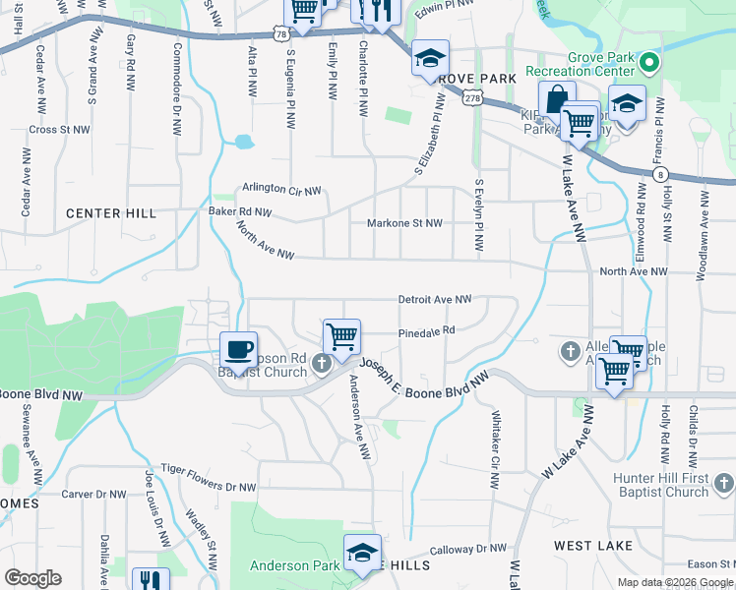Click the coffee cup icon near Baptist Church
coord(238,349)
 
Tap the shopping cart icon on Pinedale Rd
coord(341,336)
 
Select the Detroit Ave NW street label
coord(435,299)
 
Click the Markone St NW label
coord(403,223)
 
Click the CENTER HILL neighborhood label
coord(111,213)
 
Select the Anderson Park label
coord(294,565)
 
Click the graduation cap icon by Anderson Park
coord(361,553)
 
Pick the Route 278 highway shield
coord(472,97)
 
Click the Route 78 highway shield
coord(282,33)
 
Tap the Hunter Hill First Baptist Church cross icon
coord(723,483)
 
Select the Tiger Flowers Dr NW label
coord(209,470)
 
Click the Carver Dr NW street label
coord(94,494)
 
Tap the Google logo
coord(32,578)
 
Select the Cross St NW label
coord(59,129)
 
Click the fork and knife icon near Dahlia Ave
coord(150,582)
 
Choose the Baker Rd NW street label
coord(239,211)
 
